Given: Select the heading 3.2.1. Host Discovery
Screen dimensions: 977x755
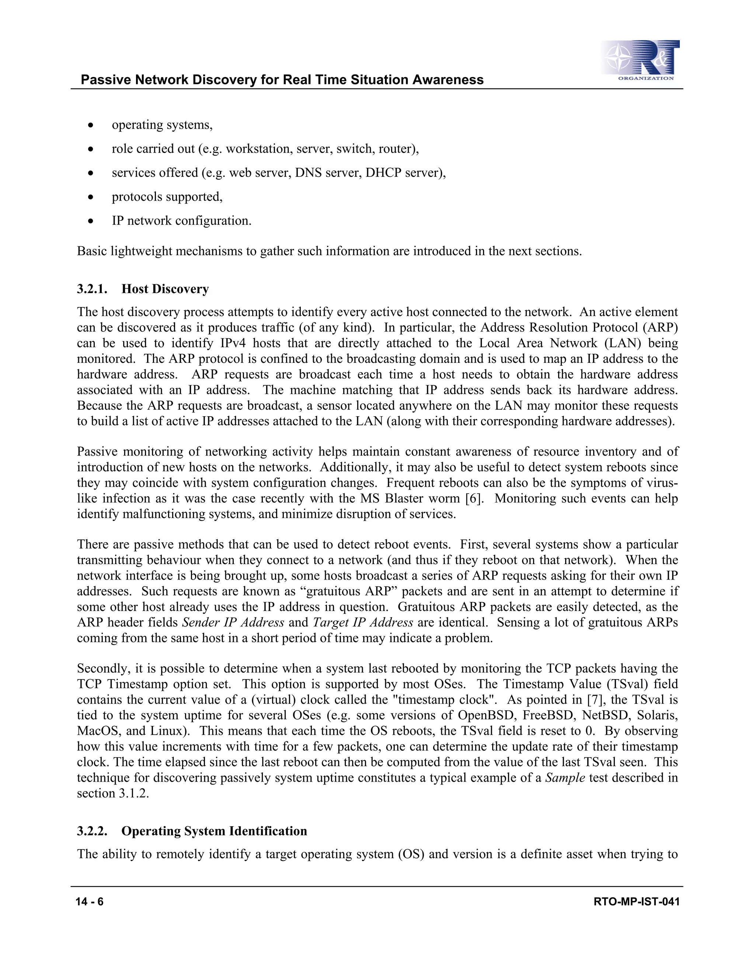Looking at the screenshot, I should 143,289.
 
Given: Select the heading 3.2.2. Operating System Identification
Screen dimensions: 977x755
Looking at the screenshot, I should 192,831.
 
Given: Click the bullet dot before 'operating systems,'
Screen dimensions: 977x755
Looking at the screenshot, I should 91,125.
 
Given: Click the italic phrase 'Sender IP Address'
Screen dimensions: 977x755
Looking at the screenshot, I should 233,622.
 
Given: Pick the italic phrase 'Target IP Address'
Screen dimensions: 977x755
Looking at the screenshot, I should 363,622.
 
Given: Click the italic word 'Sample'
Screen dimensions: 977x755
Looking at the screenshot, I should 565,778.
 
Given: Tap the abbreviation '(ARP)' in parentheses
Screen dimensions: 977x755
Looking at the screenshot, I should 660,327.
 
